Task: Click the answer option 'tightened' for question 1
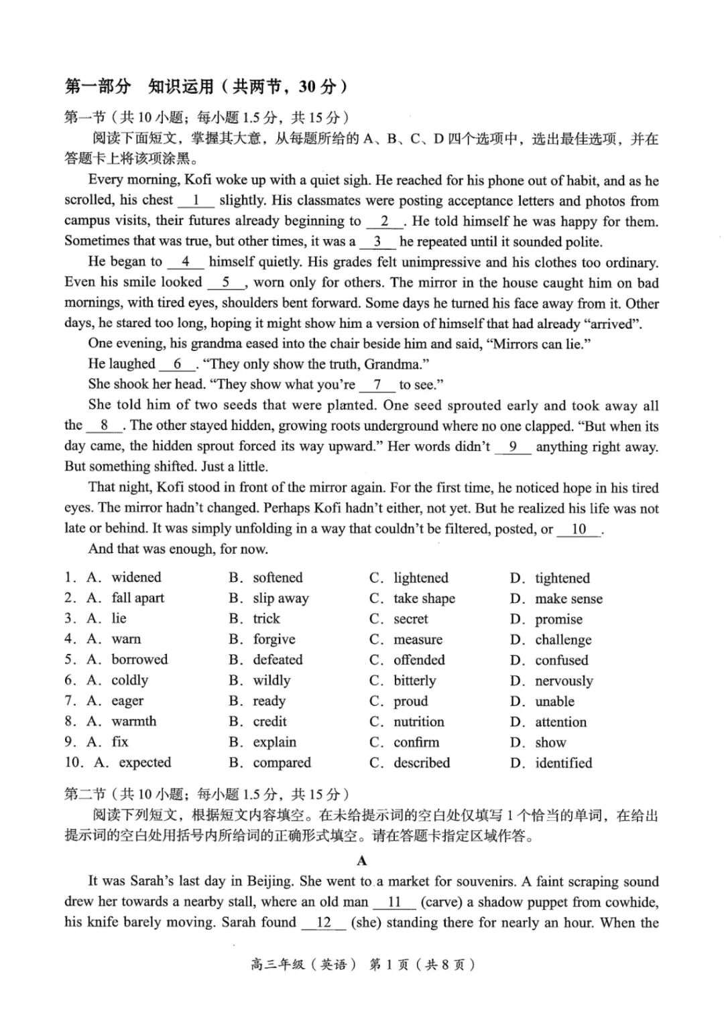click(x=562, y=578)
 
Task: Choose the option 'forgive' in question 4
click(x=274, y=639)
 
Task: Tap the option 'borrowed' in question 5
click(x=139, y=659)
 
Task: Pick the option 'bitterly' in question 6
click(x=414, y=681)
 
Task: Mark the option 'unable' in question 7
click(x=554, y=701)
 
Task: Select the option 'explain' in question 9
click(x=274, y=742)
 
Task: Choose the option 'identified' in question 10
click(x=563, y=762)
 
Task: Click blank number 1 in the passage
click(x=196, y=200)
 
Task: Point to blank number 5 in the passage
click(x=227, y=283)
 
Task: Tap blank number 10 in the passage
click(x=579, y=529)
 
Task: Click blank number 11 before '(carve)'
click(x=394, y=902)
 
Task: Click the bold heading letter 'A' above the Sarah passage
click(x=362, y=861)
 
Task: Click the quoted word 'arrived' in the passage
click(x=611, y=324)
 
